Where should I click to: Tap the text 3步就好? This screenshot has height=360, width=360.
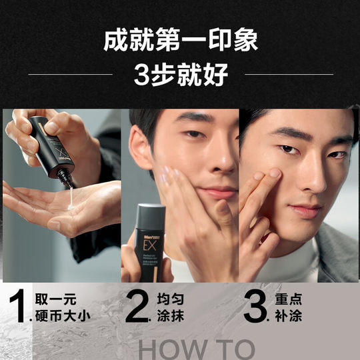tap(180, 74)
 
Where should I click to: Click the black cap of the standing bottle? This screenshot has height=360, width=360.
tap(151, 213)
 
